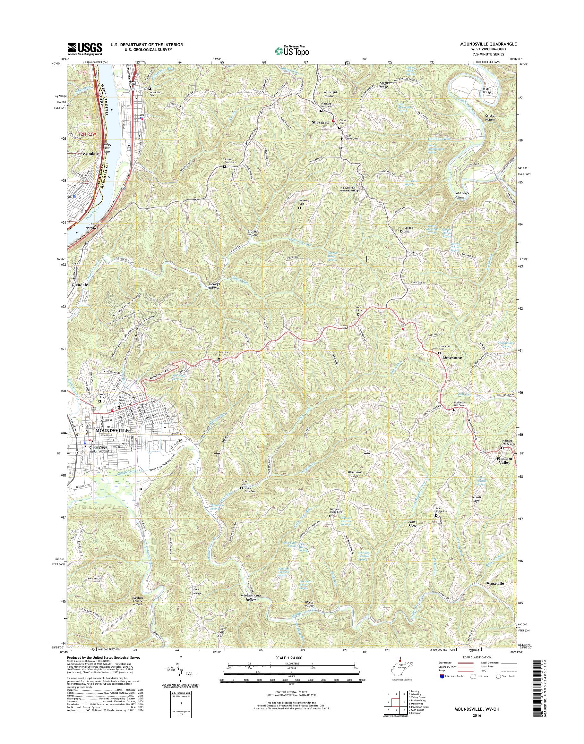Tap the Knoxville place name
(x=495, y=583)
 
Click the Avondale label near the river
(x=90, y=154)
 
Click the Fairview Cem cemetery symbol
(x=219, y=359)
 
